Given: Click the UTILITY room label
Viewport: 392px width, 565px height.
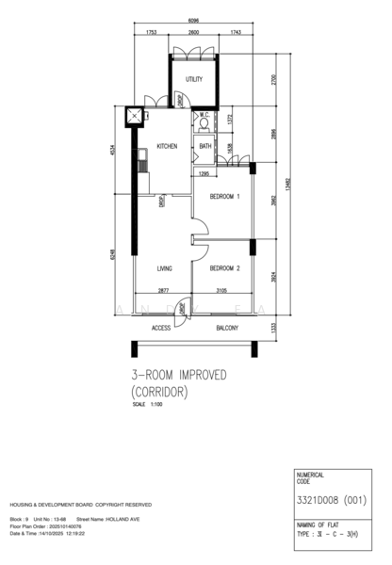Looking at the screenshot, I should (x=194, y=79).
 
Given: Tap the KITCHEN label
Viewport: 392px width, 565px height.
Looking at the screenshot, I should (x=167, y=146).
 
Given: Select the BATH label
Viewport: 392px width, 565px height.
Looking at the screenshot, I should (x=205, y=146).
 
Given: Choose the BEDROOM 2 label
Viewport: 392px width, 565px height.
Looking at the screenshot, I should (x=224, y=267).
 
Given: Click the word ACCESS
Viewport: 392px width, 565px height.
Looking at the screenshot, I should (x=161, y=328).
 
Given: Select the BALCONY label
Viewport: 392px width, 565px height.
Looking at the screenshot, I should (x=226, y=328).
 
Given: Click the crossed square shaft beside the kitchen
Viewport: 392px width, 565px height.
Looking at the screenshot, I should (x=136, y=118).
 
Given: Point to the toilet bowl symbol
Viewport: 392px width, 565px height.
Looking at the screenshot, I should (x=204, y=124).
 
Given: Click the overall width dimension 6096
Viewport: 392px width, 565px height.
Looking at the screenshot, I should (x=192, y=20).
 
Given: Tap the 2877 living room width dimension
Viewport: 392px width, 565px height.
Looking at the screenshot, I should (x=163, y=291).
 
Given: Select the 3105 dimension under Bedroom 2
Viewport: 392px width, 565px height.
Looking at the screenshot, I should (x=221, y=291).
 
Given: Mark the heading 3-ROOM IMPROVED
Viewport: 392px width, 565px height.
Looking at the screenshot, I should (x=179, y=375).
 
